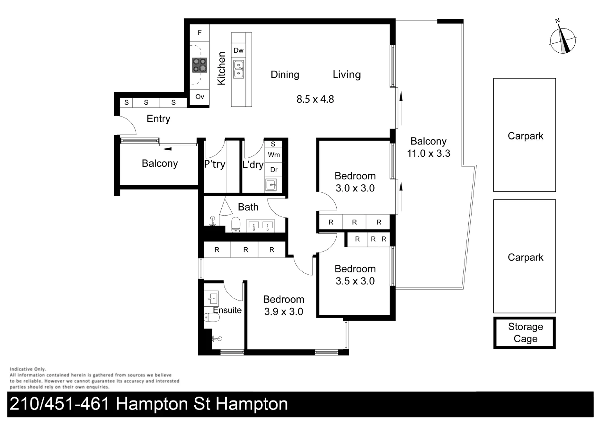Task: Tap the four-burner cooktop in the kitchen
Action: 199,65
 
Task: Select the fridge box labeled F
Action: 199,33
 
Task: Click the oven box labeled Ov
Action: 199,97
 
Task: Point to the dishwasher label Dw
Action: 239,50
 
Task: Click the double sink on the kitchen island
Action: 239,69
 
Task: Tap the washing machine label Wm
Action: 274,155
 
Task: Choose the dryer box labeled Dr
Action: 274,170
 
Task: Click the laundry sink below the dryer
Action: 271,184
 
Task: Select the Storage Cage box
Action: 525,333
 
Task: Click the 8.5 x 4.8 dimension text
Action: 315,99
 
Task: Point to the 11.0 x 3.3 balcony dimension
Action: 429,154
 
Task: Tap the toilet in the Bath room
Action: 235,225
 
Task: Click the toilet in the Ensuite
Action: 212,317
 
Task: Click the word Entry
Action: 158,119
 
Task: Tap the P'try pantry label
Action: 215,164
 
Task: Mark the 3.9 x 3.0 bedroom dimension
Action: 283,312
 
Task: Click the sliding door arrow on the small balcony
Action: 176,148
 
